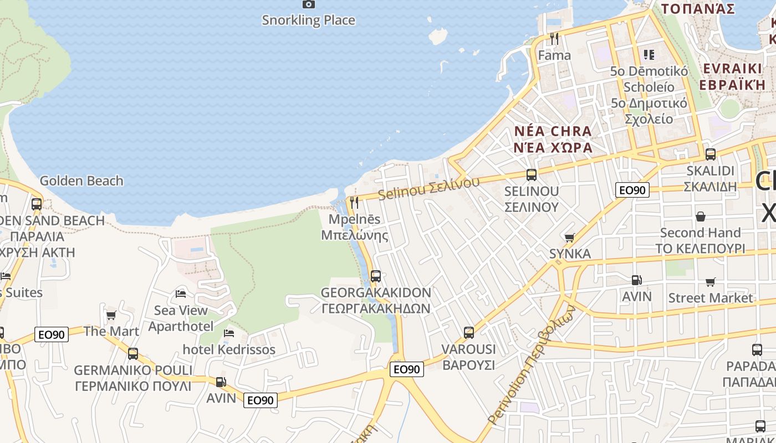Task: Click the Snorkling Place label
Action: (x=308, y=20)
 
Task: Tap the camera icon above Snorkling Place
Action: (x=309, y=4)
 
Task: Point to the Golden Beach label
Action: (x=81, y=181)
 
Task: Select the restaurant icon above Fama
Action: (x=554, y=39)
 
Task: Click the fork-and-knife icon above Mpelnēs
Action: (x=355, y=203)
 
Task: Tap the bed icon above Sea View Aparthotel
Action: (x=181, y=293)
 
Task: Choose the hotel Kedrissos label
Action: (x=229, y=349)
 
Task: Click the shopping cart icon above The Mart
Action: (x=111, y=315)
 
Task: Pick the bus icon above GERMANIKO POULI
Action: (x=133, y=353)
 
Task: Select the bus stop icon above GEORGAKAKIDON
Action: (x=376, y=276)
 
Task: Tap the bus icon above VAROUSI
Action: (x=469, y=333)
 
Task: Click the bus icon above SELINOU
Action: (x=532, y=175)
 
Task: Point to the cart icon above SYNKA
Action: (x=569, y=238)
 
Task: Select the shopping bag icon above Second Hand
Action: (x=701, y=216)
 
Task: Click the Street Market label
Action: (x=711, y=298)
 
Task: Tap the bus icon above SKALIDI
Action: (x=710, y=154)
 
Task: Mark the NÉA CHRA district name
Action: (x=553, y=132)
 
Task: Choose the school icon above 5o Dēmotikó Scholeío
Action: (x=649, y=55)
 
